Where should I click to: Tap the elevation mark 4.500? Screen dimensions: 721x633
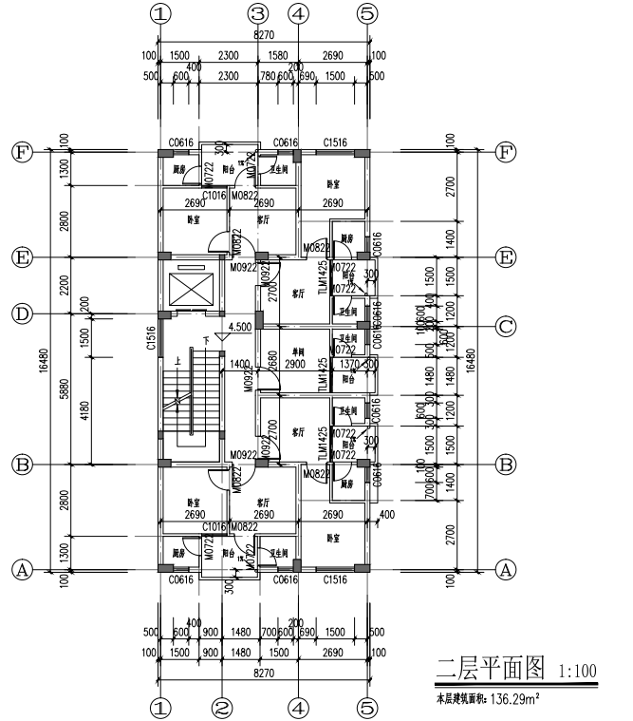[238, 326]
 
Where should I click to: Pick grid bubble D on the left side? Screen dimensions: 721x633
[20, 313]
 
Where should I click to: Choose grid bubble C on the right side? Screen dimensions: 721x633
[507, 327]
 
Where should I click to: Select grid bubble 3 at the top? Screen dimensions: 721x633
[258, 13]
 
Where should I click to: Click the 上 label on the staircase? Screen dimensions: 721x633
[177, 361]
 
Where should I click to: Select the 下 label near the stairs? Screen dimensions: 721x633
[204, 339]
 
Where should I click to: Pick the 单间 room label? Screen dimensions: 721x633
[297, 351]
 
